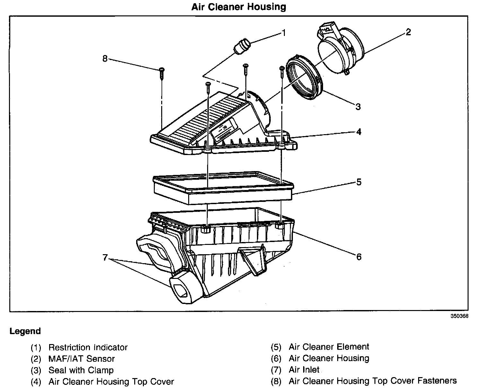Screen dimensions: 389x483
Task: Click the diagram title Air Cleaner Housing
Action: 239,7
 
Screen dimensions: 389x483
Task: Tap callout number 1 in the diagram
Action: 284,33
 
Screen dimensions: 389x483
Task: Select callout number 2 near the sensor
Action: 408,32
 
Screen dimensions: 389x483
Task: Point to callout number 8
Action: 105,59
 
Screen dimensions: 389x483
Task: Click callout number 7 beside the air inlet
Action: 105,258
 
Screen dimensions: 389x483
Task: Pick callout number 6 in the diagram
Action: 359,256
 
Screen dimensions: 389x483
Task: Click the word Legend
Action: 25,331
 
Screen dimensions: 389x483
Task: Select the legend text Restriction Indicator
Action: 88,347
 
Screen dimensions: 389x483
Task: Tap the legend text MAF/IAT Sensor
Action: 82,359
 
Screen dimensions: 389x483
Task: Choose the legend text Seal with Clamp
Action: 81,370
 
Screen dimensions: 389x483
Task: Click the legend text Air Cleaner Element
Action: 329,347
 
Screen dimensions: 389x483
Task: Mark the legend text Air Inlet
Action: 304,370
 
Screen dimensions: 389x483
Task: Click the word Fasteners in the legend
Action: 437,381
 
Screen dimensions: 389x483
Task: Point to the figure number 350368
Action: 459,316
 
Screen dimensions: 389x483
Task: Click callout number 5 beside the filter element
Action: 359,182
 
